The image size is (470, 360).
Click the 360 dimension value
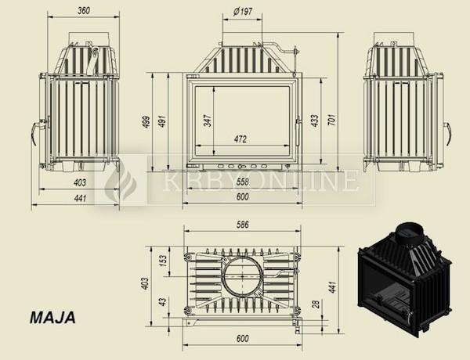(84, 11)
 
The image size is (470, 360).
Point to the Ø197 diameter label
(242, 12)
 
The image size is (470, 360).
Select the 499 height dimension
(146, 121)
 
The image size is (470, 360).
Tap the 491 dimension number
(162, 121)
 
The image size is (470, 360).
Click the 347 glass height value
(208, 121)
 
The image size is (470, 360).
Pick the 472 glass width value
(240, 139)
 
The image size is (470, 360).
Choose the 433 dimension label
(315, 121)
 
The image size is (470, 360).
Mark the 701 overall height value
(333, 120)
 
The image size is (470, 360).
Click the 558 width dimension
(242, 182)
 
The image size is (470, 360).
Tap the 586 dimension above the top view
(242, 225)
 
